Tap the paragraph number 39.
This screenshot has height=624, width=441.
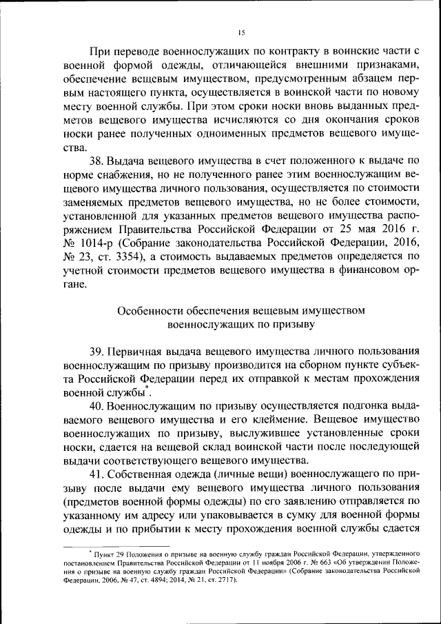click(x=98, y=352)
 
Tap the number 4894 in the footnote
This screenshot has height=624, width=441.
click(x=147, y=579)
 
